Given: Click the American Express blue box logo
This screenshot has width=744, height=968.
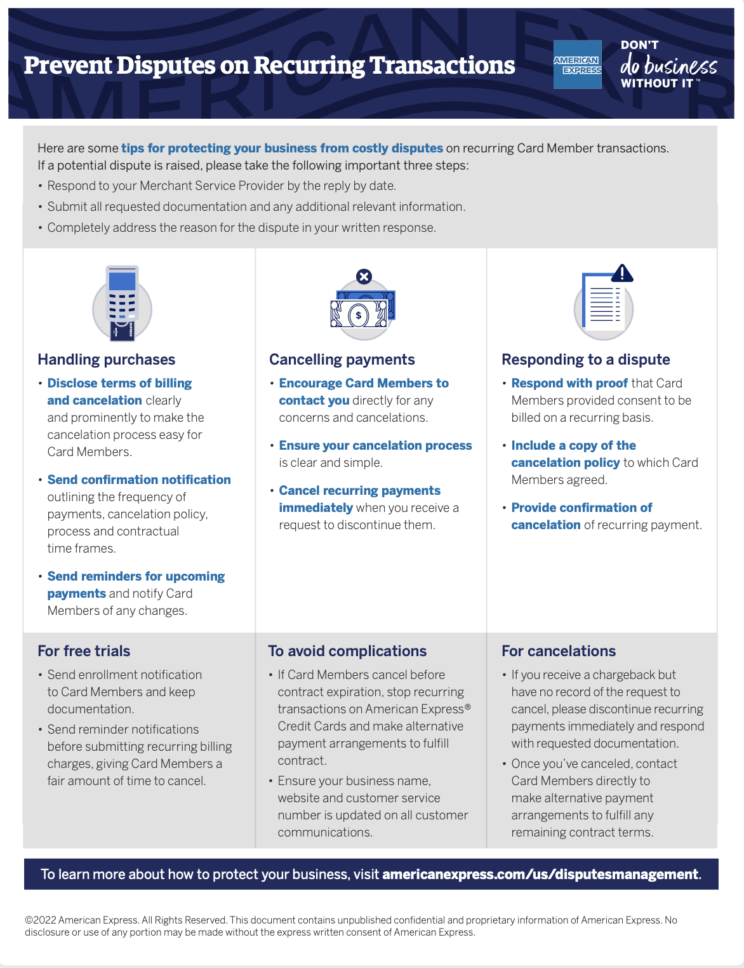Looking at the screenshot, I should pos(577,65).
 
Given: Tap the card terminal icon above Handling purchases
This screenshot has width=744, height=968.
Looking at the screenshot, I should pos(122,304).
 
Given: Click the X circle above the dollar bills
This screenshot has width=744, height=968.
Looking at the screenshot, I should pos(364,276).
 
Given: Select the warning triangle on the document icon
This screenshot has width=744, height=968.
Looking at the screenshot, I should pos(622,273).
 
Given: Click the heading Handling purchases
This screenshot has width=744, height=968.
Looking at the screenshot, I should pos(106,360).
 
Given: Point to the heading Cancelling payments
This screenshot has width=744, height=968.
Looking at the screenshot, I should pos(342,360).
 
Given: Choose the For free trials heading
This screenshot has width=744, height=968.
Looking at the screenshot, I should pos(84,651).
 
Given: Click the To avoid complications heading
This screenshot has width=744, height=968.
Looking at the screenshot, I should pos(347,651).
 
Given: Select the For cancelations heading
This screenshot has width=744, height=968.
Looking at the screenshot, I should pos(559,651).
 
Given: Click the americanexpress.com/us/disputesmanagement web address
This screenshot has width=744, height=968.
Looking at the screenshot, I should pos(540,874).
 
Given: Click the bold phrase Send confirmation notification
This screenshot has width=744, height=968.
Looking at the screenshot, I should pos(139,480).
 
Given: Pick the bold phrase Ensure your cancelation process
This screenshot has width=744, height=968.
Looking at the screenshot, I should pos(375,445).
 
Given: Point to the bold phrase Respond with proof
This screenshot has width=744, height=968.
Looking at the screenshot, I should pos(569,383).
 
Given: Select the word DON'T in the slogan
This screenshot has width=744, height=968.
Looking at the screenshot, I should pos(639,45).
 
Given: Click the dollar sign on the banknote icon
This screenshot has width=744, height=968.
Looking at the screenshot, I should pos(359,314).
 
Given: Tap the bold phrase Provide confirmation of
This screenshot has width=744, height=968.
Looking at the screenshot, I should pos(581,508).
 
